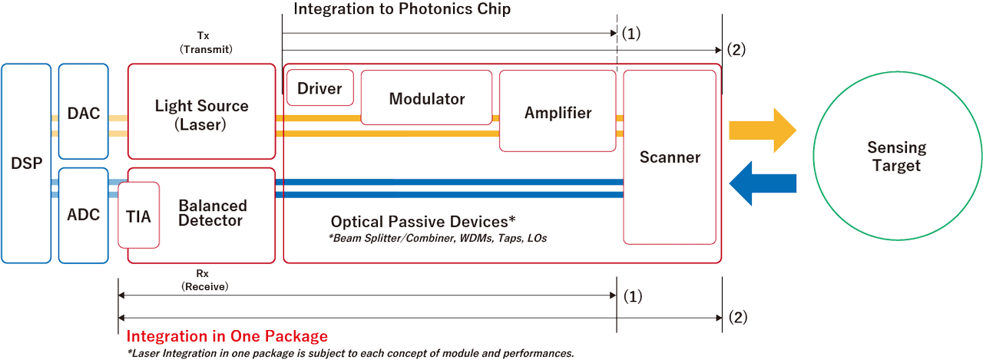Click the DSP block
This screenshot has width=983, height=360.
tap(26, 163)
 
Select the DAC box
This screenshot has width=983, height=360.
tap(83, 113)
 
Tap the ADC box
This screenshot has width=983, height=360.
tap(83, 215)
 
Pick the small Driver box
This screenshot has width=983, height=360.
tap(319, 87)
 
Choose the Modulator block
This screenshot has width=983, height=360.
tap(426, 98)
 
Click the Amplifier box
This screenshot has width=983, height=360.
tap(558, 113)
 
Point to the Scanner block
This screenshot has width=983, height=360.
tap(670, 157)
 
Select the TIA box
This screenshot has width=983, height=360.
tap(139, 216)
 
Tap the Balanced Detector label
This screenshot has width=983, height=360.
tap(212, 213)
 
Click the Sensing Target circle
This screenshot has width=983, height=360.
tap(896, 157)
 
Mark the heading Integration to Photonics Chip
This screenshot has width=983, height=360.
tap(402, 10)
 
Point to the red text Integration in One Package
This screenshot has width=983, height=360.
tap(227, 336)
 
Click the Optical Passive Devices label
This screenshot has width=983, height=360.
tap(423, 221)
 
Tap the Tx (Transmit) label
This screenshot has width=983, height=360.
tap(206, 42)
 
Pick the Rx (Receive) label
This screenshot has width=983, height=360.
tap(204, 281)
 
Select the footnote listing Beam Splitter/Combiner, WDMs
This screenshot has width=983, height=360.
tap(436, 239)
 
